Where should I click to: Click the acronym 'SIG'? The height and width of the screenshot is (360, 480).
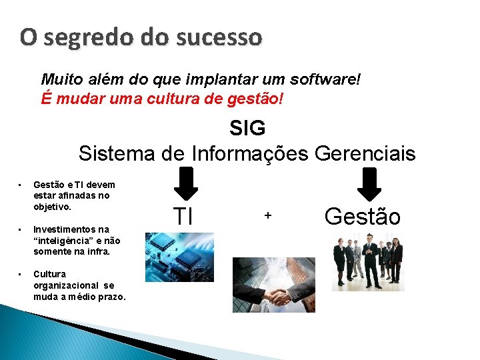(x=247, y=128)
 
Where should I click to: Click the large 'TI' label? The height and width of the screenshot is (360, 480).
(x=183, y=216)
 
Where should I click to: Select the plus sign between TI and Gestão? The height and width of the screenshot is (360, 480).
(x=268, y=215)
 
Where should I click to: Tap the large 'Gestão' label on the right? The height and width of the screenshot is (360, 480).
(x=362, y=216)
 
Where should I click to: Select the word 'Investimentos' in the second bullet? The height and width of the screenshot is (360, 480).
(x=62, y=229)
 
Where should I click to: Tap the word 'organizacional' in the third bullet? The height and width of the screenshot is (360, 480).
(x=64, y=285)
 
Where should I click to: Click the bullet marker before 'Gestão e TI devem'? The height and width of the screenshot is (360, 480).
(x=20, y=185)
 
